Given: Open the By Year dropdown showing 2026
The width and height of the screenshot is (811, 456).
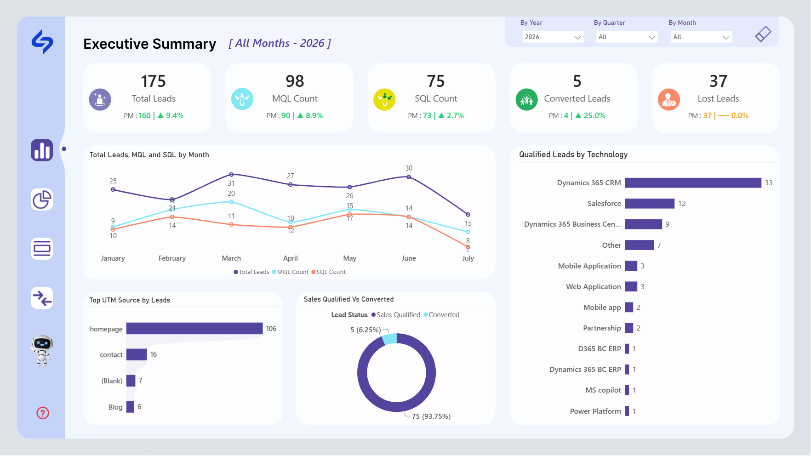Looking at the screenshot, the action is [553, 37].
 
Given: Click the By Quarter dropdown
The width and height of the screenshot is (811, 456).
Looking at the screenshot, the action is [627, 37].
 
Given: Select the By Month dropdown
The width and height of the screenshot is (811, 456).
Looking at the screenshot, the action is [702, 37].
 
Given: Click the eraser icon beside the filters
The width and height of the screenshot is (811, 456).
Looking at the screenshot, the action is [763, 34].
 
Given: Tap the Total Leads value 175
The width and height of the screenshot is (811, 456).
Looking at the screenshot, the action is [153, 81].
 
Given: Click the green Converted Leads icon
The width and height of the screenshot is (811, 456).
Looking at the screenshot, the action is [527, 99].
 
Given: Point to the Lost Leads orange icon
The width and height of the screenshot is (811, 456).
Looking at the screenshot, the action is [669, 99].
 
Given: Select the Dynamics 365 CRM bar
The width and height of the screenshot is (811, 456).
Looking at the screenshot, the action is [693, 183].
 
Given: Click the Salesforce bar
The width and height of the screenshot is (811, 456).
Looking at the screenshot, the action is [650, 204].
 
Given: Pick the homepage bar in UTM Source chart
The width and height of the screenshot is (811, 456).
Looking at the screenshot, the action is [194, 328].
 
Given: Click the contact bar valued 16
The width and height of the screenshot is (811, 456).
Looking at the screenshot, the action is [137, 354].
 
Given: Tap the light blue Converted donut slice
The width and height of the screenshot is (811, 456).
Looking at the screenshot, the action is [390, 339].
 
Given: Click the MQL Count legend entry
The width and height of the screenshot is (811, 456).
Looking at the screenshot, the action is [290, 272].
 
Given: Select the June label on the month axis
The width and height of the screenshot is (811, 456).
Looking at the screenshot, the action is [409, 258].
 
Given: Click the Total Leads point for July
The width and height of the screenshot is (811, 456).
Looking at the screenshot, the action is [468, 215].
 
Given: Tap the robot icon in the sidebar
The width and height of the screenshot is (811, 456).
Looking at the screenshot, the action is [42, 350].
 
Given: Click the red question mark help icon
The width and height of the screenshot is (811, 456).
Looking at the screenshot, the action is [43, 413].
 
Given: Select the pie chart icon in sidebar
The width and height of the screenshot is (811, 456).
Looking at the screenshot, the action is [42, 199].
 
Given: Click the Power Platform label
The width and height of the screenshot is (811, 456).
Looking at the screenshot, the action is [595, 411].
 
